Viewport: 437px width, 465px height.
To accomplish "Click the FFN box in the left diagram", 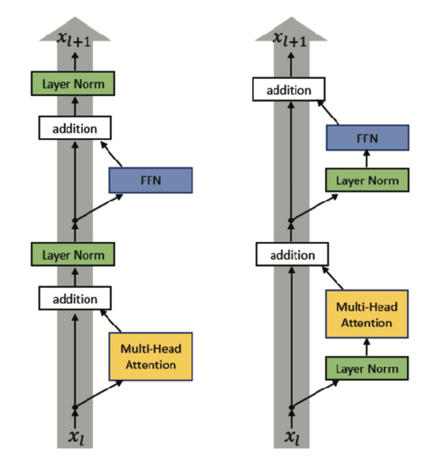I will pos(151,180).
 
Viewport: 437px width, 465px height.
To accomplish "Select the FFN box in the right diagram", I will pos(367,138).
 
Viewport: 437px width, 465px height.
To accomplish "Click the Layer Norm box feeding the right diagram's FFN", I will pos(367,180).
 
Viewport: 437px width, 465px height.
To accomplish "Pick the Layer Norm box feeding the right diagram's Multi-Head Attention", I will pos(367,369).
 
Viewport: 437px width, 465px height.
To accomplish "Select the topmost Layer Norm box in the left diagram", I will pos(73,83).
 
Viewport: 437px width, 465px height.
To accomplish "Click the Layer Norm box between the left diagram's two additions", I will pos(73,254).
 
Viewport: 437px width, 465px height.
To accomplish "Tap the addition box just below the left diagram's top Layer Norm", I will pos(74,128).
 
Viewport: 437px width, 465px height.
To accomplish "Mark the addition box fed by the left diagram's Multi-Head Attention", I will pos(74,299).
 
